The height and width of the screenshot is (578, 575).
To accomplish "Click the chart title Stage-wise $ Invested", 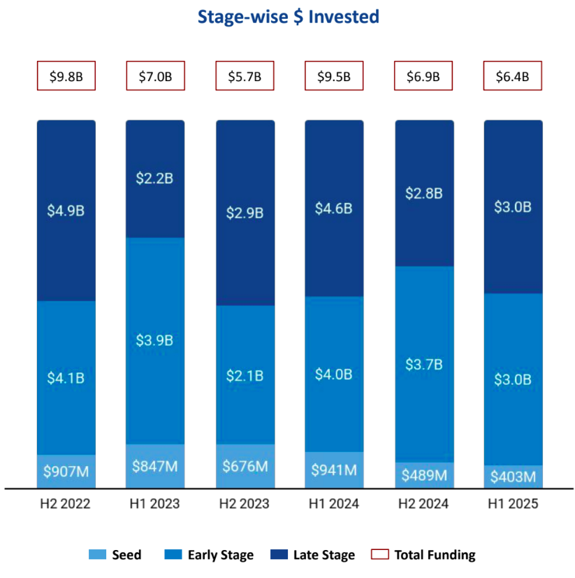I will tap(288, 17).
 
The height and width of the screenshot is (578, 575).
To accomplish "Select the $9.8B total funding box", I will tap(66, 76).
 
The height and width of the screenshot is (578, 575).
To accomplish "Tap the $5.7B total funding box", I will tap(245, 76).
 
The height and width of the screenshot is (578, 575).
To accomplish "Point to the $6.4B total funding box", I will tap(513, 76).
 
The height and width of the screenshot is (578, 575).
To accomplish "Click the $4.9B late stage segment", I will tap(66, 210).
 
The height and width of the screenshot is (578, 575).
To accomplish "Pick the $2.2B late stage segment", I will tap(154, 178).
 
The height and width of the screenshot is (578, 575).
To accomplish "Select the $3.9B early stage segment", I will tap(154, 341).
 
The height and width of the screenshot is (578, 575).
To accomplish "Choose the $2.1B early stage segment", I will tap(245, 375).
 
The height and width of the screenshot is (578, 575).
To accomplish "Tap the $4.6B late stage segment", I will tap(334, 208).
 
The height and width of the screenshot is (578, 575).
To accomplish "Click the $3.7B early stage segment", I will tap(424, 364).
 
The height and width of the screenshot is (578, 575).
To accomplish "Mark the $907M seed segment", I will tap(66, 472).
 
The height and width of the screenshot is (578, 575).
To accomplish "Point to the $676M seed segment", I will tap(245, 466).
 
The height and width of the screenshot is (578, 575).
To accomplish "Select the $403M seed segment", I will tap(513, 477).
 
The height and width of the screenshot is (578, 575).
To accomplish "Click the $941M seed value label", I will tap(334, 470).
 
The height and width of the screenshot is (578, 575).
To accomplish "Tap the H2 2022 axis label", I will tap(66, 504).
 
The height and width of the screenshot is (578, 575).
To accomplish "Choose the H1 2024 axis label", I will tap(334, 504).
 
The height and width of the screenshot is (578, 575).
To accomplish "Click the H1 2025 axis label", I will tap(513, 504).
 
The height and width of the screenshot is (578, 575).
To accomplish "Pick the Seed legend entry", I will tap(115, 555).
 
